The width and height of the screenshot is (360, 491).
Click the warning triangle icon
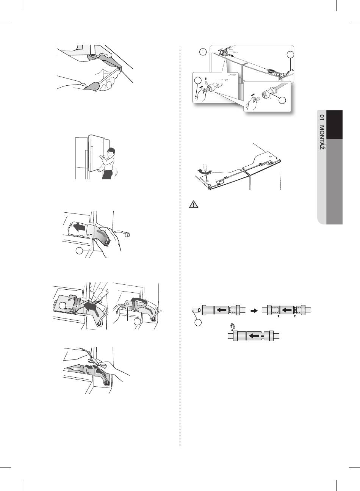coord(194,204)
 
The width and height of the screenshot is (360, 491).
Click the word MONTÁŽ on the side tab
coord(322,138)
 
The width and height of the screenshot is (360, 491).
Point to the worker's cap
coord(111,151)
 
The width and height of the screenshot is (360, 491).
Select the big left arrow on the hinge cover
coord(79,228)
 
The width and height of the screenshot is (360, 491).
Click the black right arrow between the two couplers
coord(254,311)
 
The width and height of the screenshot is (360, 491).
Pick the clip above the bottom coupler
coord(232,326)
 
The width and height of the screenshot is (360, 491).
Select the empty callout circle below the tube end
coord(198,323)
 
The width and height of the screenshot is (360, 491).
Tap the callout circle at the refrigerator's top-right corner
coord(291,54)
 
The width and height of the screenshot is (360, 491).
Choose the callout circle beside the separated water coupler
coord(282,100)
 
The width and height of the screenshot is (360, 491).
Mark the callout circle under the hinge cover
coord(79,251)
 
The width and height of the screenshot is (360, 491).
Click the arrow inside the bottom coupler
coord(255,336)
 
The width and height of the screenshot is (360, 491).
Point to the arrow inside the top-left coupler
coord(222,310)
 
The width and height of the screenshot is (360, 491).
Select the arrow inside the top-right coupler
coord(287,310)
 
